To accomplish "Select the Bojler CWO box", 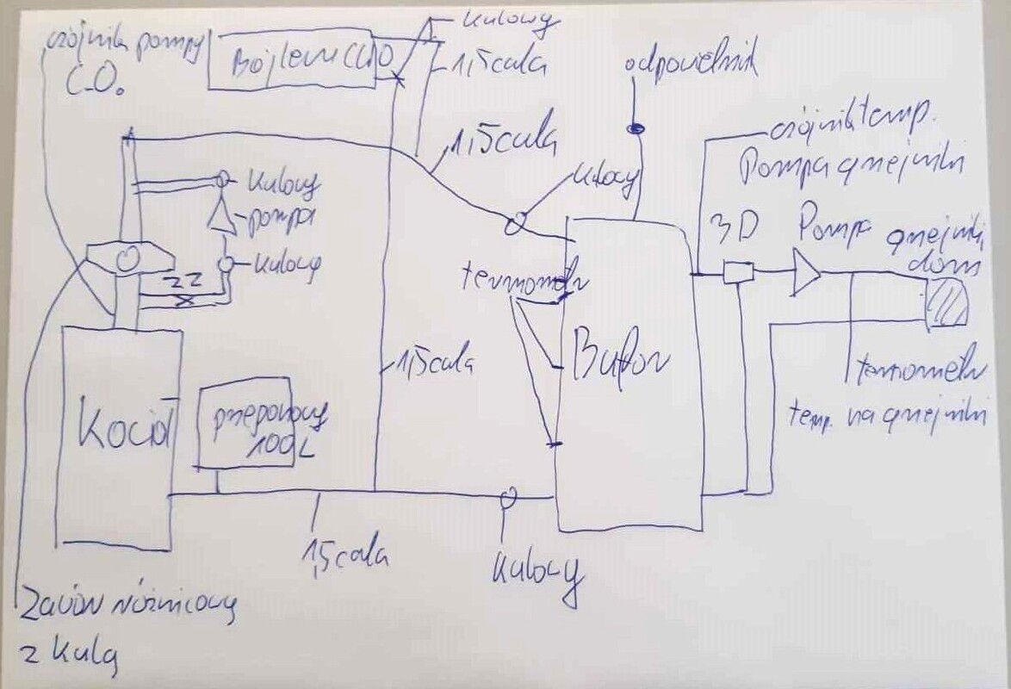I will click(x=294, y=63).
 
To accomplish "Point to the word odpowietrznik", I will click(x=692, y=65).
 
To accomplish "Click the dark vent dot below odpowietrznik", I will click(x=635, y=129).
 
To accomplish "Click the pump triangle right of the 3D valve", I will click(x=806, y=273).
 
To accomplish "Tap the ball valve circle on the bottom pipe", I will click(x=507, y=496).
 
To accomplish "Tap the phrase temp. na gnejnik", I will click(x=886, y=414).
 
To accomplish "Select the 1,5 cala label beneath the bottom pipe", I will click(x=344, y=552).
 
